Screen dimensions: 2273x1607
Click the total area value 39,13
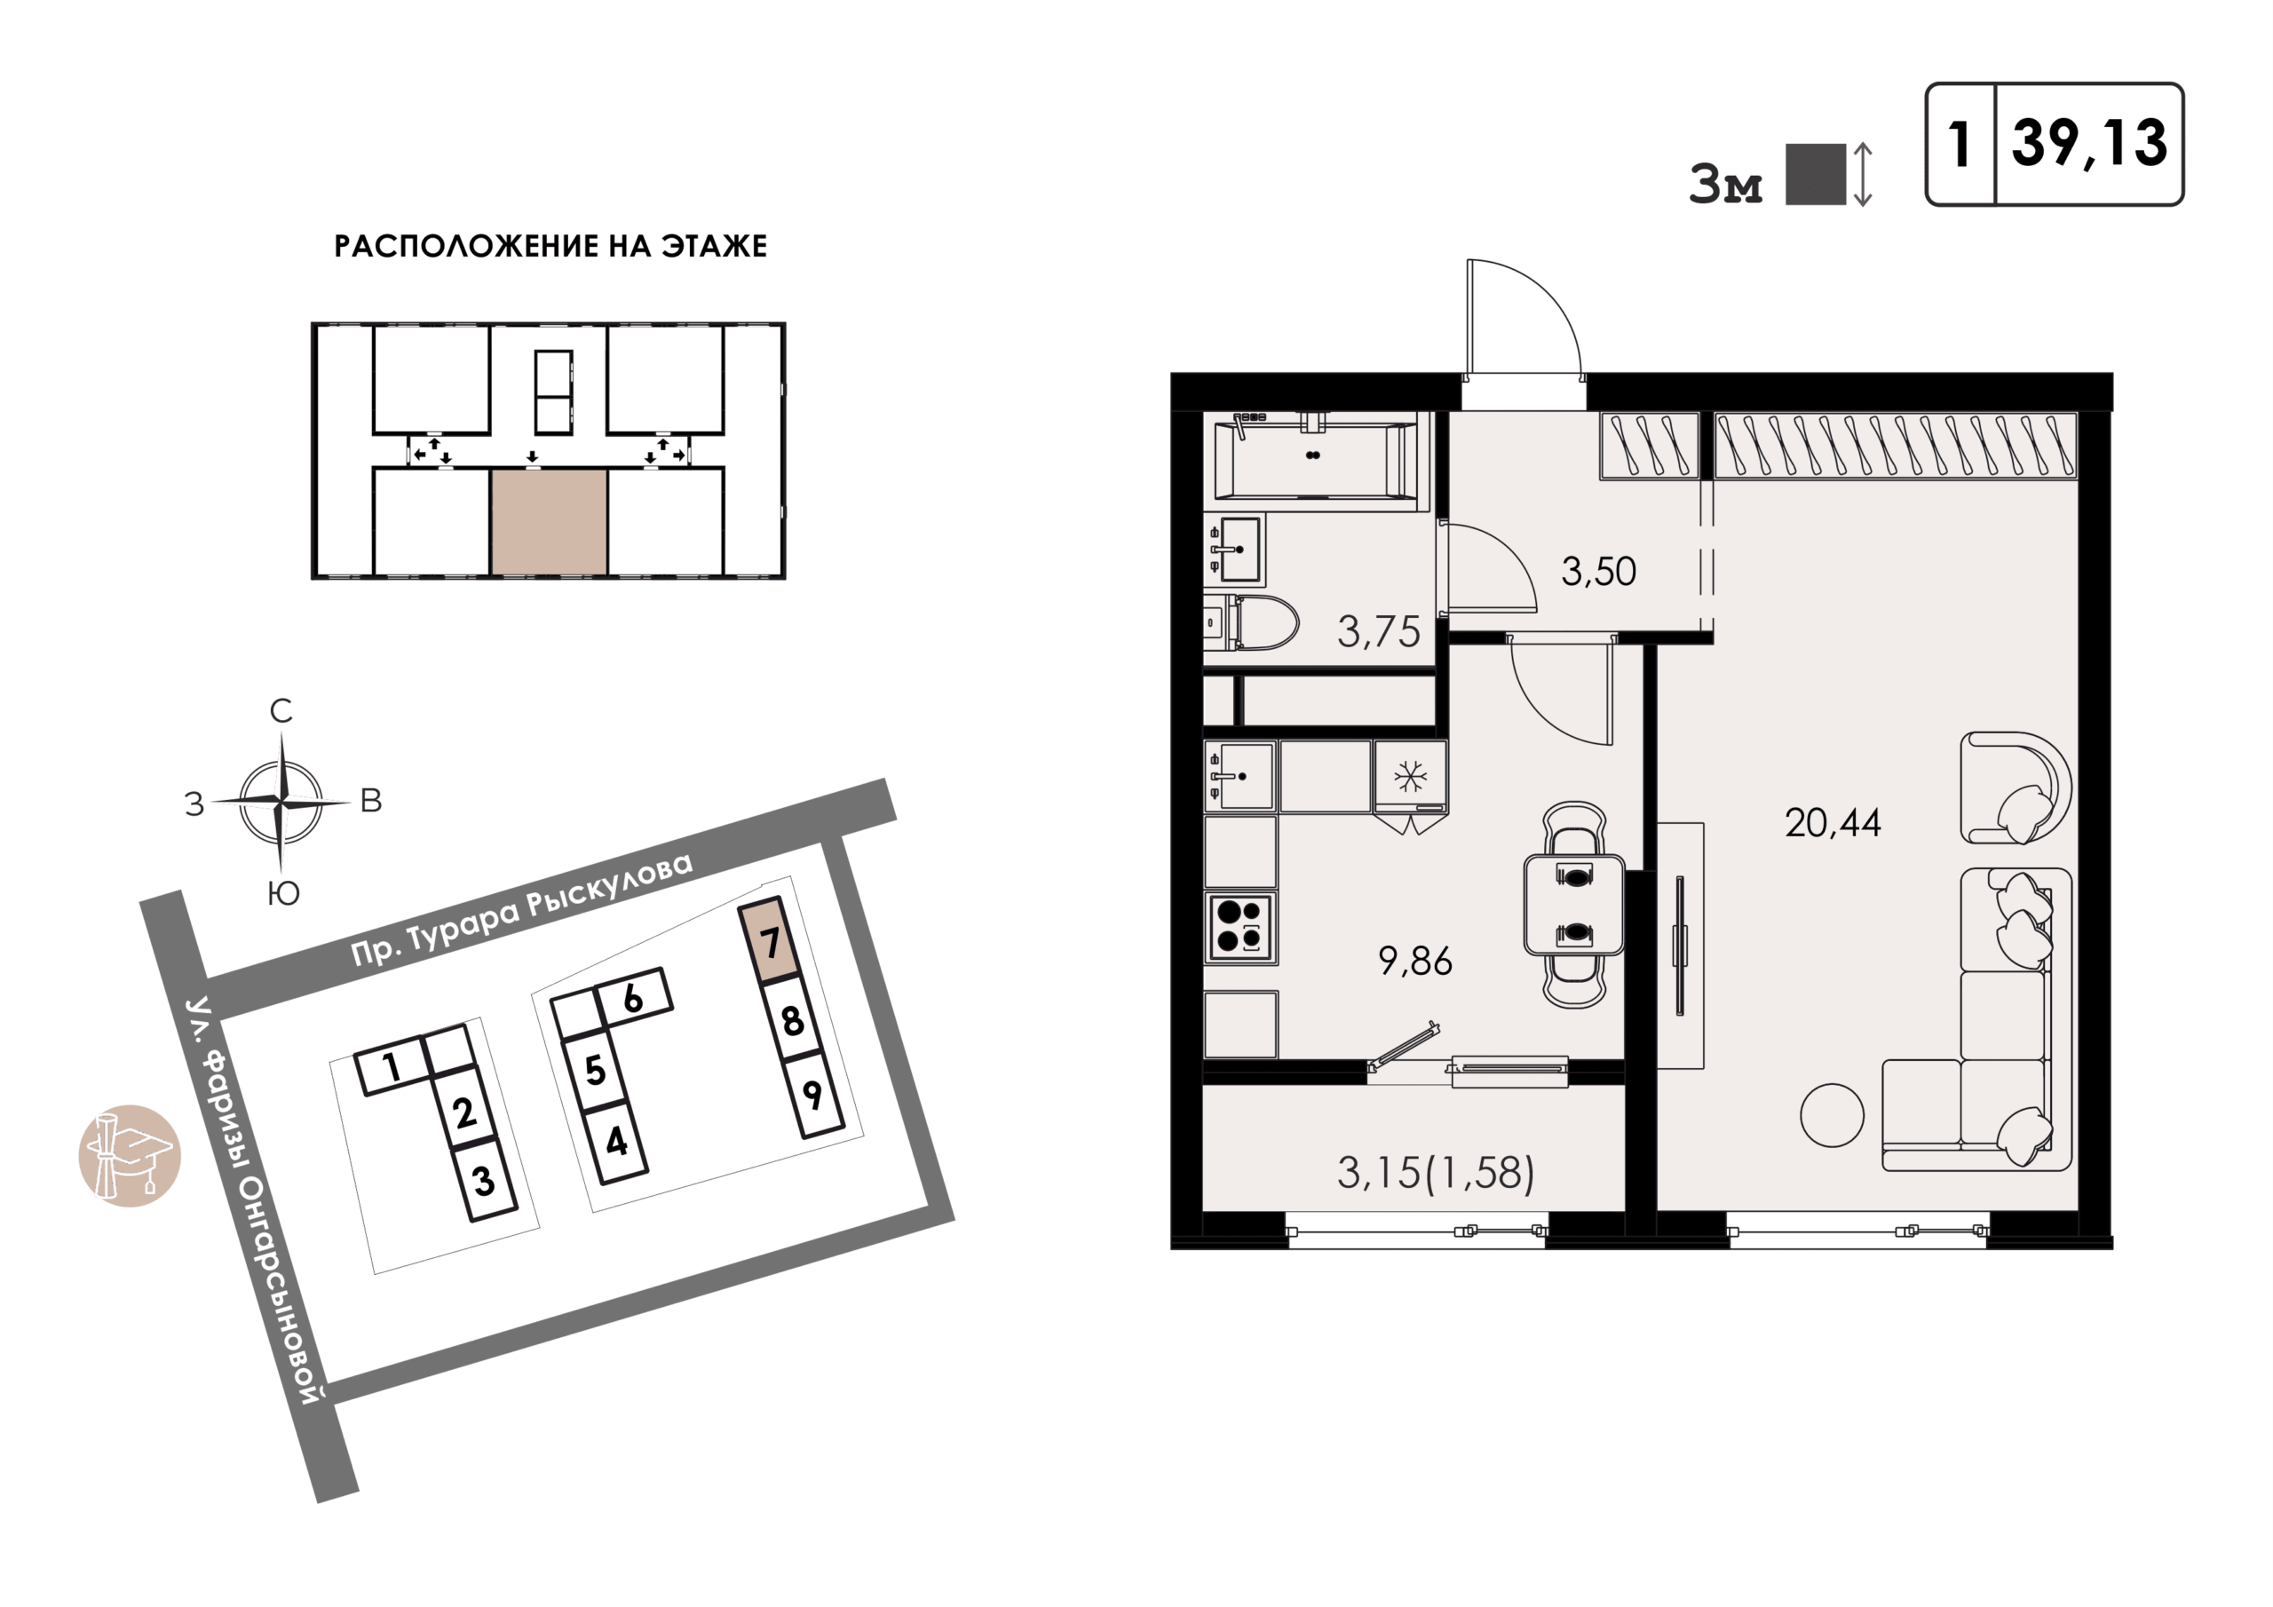[x=2089, y=145]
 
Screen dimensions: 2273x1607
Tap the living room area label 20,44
[x=1833, y=823]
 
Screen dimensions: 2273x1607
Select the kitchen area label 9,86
[x=1414, y=961]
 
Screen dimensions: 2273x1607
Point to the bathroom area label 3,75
[x=1378, y=632]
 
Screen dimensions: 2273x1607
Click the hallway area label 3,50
[x=1598, y=571]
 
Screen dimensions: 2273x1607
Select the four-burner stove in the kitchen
[x=1240, y=927]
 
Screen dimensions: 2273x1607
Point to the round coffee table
[x=1832, y=1115]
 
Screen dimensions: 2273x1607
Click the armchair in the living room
[x=2016, y=788]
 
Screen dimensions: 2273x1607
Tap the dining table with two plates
[x=1574, y=905]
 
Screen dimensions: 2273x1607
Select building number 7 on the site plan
[x=769, y=939]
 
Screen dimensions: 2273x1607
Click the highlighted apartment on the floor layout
[x=550, y=522]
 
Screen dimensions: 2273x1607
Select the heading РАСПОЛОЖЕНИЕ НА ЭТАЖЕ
[x=550, y=246]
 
